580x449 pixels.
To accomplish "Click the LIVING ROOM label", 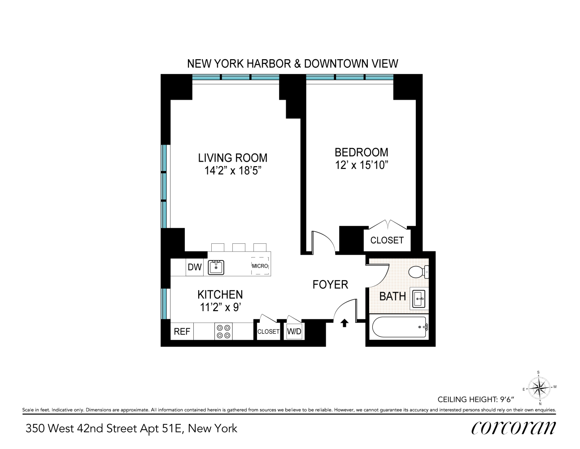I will tap(232, 158).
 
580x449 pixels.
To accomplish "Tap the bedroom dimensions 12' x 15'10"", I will tap(361, 165).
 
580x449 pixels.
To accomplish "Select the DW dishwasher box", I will tap(195, 267).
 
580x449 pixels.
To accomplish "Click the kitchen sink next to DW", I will tap(216, 267).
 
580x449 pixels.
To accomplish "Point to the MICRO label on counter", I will tap(260, 266).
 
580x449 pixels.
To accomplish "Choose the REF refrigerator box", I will tap(182, 332).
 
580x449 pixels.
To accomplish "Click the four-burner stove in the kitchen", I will tap(223, 332).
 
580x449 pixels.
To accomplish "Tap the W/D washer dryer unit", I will tap(294, 332).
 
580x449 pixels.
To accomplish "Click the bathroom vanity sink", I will tap(419, 299).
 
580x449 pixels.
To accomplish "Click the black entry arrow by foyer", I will tap(345, 322).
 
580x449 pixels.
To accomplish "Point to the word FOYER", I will tap(330, 285).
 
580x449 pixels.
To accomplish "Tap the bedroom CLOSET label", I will tap(387, 240).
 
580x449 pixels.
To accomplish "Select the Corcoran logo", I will tap(513, 428).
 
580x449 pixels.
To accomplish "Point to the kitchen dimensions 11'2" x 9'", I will tap(220, 308).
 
